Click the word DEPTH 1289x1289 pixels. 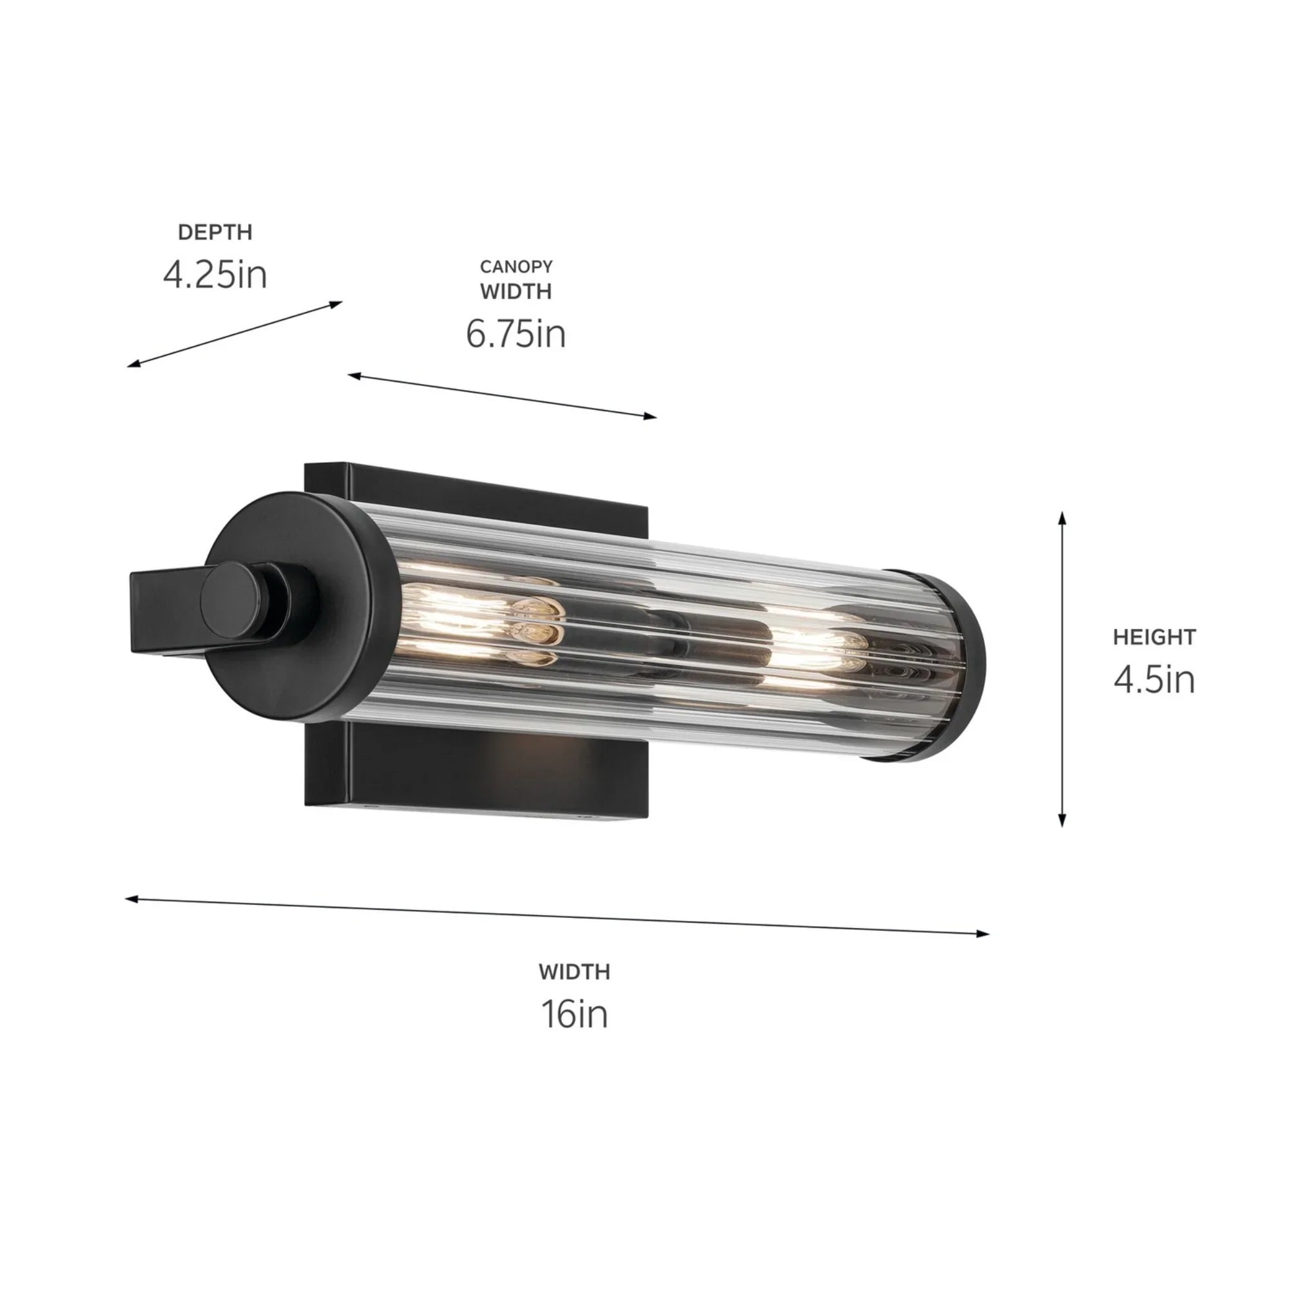pyautogui.click(x=215, y=232)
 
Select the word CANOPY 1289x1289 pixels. pyautogui.click(x=516, y=266)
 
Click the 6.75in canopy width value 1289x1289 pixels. pyautogui.click(x=516, y=334)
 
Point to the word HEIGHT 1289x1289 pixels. pyautogui.click(x=1154, y=637)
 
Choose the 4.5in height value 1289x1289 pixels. pyautogui.click(x=1154, y=679)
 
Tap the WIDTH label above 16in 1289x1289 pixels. pyautogui.click(x=574, y=972)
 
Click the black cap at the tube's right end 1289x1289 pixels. pyautogui.click(x=961, y=667)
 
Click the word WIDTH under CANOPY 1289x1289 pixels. pyautogui.click(x=516, y=291)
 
